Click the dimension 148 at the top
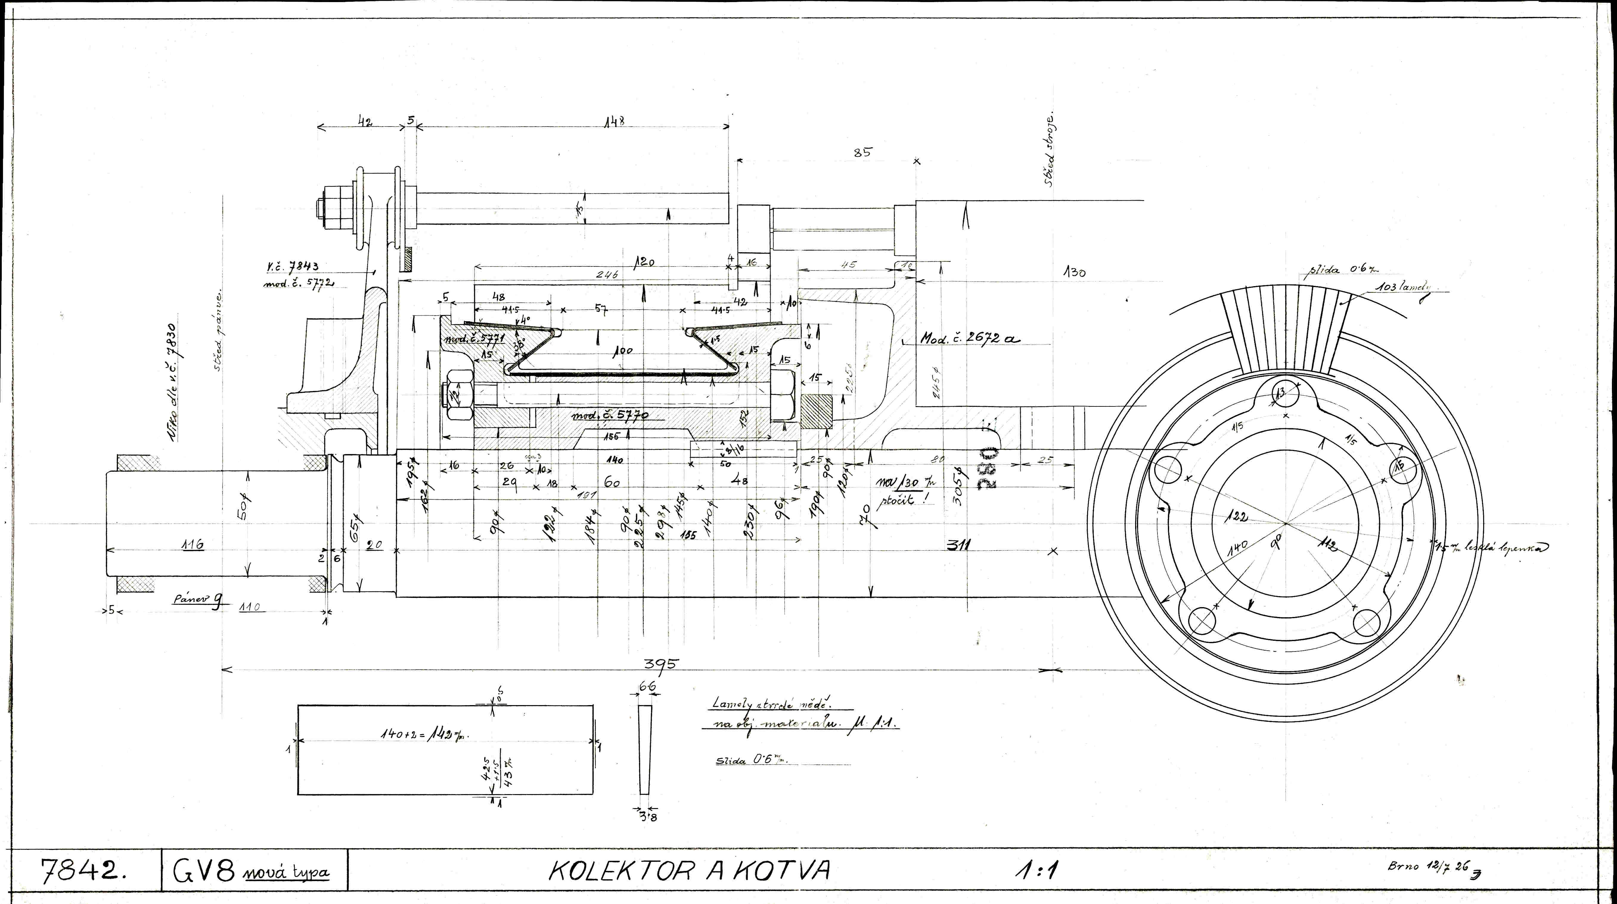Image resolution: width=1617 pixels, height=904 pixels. pyautogui.click(x=614, y=122)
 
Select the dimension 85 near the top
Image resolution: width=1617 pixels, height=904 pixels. pyautogui.click(x=863, y=152)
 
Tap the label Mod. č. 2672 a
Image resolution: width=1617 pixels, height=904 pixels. pyautogui.click(x=970, y=339)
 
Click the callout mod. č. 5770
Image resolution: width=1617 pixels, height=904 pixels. pyautogui.click(x=609, y=415)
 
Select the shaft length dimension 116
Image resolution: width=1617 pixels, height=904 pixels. pyautogui.click(x=193, y=545)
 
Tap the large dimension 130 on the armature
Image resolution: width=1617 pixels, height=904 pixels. pyautogui.click(x=1074, y=272)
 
